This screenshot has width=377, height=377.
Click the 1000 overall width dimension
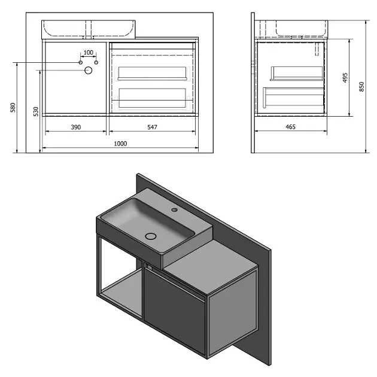(120, 144)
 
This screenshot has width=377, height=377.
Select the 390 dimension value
(76, 127)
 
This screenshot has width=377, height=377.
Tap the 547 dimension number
(152, 127)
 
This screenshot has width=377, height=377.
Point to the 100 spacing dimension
(88, 52)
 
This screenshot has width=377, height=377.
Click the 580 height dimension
(13, 108)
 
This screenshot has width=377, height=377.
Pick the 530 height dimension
(36, 111)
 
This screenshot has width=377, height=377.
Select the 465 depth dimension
(290, 127)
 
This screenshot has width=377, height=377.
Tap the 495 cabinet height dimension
(345, 78)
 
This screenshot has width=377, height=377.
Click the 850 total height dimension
(361, 87)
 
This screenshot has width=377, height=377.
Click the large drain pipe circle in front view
(89, 70)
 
